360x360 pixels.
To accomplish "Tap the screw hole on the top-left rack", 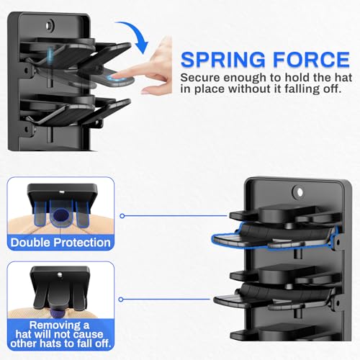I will pos(48,25).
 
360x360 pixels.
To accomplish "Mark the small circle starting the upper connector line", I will pos(122,215).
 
